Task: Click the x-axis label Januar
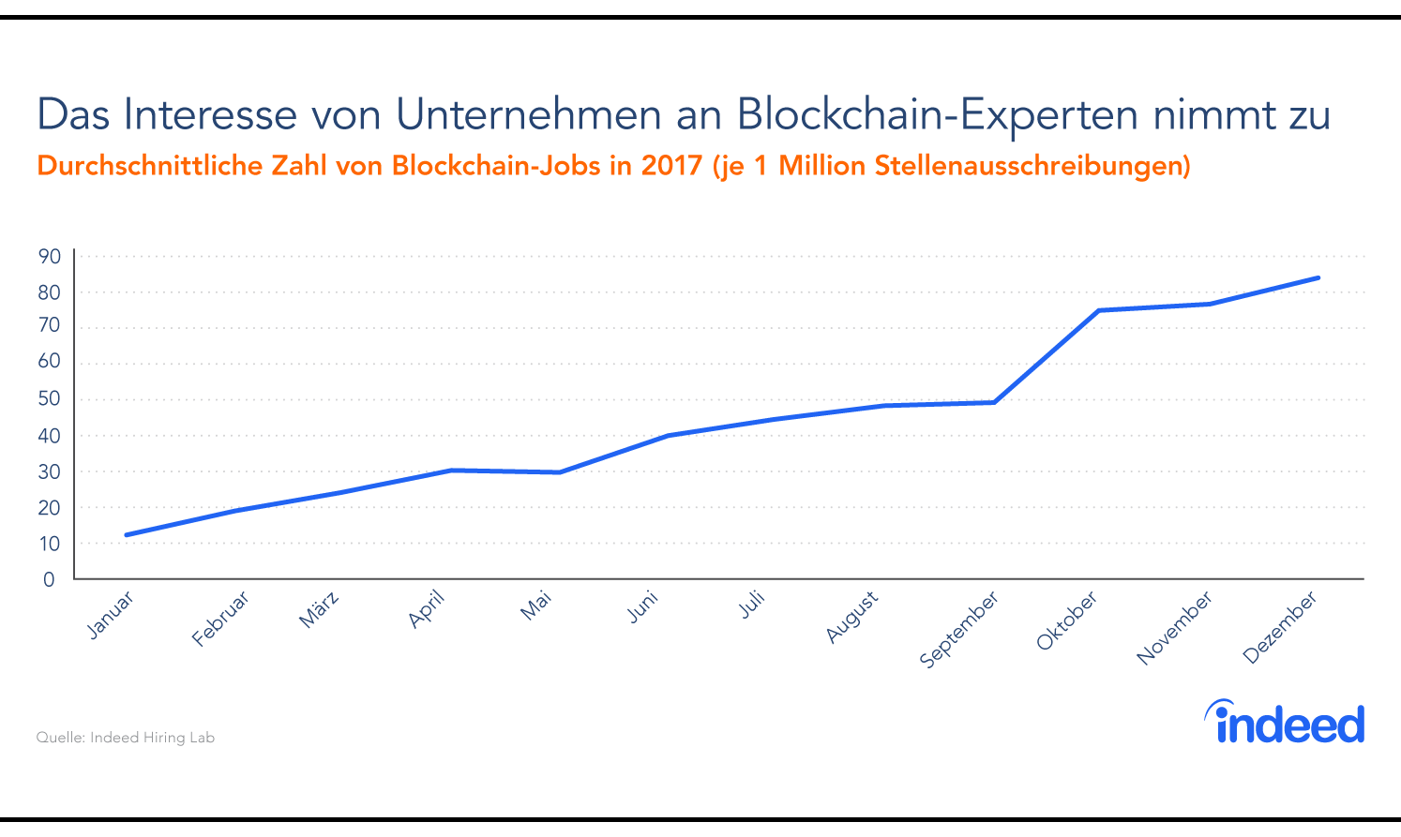point(111,616)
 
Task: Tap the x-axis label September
point(958,630)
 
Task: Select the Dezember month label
point(1280,627)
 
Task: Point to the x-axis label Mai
point(536,605)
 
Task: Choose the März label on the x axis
point(319,609)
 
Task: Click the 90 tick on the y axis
point(49,256)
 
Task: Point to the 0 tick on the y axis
point(49,579)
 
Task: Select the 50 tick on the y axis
point(49,399)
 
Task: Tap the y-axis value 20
point(49,508)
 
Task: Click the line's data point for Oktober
point(1098,310)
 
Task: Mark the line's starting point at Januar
point(126,535)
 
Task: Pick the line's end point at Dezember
point(1318,277)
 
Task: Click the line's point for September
point(993,402)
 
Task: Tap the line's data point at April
point(451,470)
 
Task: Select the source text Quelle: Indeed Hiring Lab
point(126,738)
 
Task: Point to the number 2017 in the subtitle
point(671,166)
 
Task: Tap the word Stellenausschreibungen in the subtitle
point(1031,166)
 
